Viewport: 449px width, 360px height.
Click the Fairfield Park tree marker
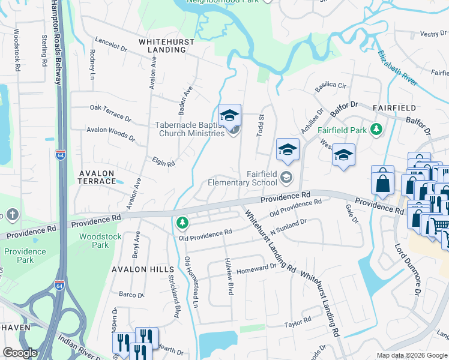tap(376, 129)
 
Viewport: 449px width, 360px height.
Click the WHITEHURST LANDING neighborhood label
tap(162, 46)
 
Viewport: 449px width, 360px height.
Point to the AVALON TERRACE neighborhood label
tap(97, 176)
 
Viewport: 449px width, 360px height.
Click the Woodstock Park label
tap(94, 241)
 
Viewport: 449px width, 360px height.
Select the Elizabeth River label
tap(397, 68)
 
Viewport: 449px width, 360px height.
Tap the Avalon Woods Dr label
tap(111, 133)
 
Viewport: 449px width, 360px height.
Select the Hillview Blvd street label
tap(229, 276)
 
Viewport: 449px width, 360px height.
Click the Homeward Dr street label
tap(256, 269)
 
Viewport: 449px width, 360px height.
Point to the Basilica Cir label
tap(331, 86)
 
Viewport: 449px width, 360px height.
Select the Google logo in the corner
tap(20, 353)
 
